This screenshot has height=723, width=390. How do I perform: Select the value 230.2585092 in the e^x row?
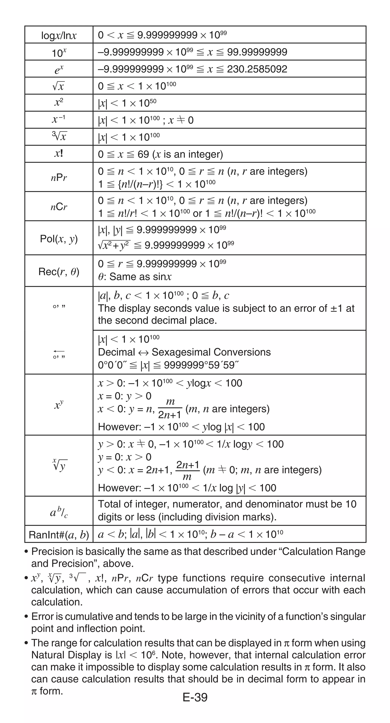[x=257, y=69]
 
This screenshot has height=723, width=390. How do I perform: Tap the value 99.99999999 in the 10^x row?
[x=257, y=52]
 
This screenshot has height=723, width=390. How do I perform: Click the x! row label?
[x=59, y=153]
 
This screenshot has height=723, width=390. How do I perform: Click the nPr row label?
[x=59, y=177]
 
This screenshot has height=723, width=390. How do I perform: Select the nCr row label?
[x=59, y=207]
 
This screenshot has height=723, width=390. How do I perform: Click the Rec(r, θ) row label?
[x=59, y=272]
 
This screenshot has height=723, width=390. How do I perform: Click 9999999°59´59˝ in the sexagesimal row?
[x=201, y=365]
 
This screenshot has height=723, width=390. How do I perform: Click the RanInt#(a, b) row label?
[x=59, y=535]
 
